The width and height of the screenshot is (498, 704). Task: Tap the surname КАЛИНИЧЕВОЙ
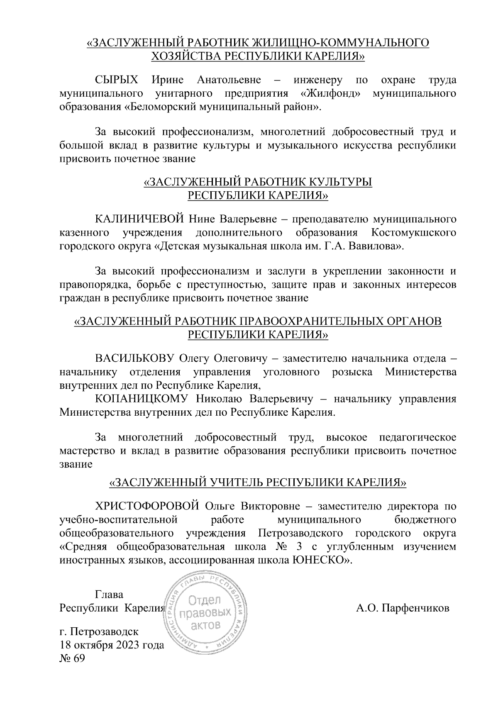pyautogui.click(x=139, y=219)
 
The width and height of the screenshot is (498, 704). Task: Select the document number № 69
pyautogui.click(x=72, y=659)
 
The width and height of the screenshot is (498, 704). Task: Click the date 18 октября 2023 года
pyautogui.click(x=112, y=646)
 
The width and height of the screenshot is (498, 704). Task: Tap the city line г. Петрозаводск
pyautogui.click(x=99, y=632)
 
